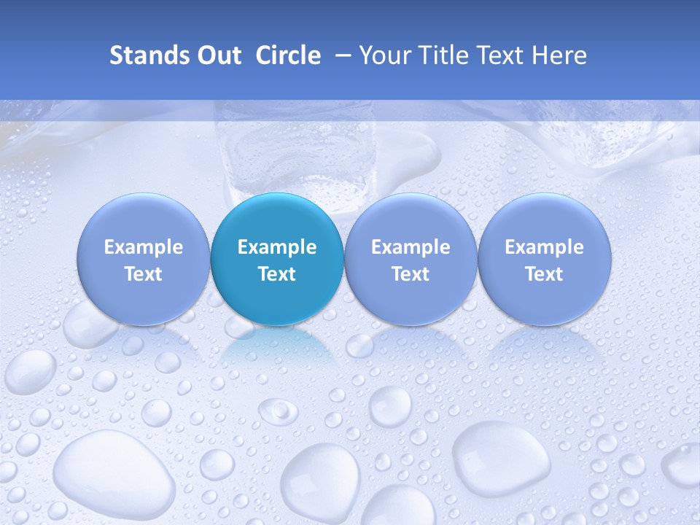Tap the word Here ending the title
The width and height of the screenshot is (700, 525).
(x=559, y=55)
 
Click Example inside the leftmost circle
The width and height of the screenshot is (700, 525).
(x=144, y=247)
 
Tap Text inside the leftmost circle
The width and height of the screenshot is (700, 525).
(x=144, y=274)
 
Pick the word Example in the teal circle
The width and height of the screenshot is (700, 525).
(x=277, y=247)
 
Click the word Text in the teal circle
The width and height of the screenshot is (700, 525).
(x=277, y=274)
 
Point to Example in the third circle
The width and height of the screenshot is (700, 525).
(x=411, y=247)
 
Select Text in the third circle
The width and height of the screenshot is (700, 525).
(x=411, y=274)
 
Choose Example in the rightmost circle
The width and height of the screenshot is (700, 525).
(x=544, y=247)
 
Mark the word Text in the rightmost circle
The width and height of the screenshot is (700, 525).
(x=544, y=274)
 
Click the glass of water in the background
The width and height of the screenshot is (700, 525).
(x=295, y=153)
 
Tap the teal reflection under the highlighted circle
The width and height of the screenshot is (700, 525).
(x=277, y=350)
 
